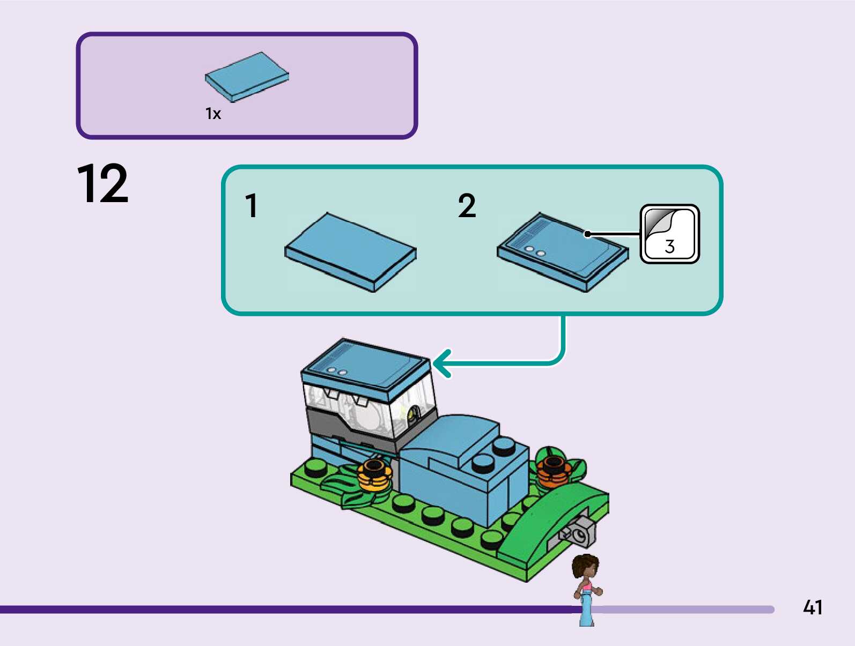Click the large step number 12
coord(102,184)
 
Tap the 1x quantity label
coord(213,114)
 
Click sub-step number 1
coord(251,206)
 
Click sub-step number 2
coord(467,206)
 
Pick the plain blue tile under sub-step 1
coord(350,252)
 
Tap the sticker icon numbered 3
coord(669,234)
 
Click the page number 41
coord(813,607)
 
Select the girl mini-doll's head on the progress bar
coord(585,567)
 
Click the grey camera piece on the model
coord(578,532)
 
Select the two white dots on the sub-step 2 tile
coord(535,251)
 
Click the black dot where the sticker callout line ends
coord(587,234)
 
